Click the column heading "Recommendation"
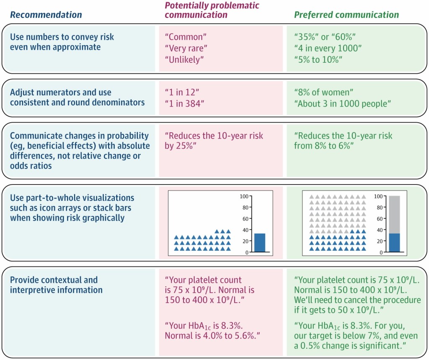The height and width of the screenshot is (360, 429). click(x=46, y=15)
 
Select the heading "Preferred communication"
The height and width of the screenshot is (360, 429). click(x=346, y=15)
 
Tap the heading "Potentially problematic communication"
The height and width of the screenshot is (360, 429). click(x=212, y=10)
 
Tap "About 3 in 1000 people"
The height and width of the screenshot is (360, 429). click(x=340, y=103)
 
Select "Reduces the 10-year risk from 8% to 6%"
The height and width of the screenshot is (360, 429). click(x=344, y=141)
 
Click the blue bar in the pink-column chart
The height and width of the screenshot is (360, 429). click(x=260, y=243)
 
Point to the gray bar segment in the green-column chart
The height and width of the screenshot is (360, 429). click(x=394, y=214)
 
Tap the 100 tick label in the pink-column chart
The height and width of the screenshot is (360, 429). click(x=244, y=196)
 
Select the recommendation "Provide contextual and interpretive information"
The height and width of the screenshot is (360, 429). click(x=56, y=285)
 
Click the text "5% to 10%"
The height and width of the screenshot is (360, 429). click(x=319, y=59)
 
